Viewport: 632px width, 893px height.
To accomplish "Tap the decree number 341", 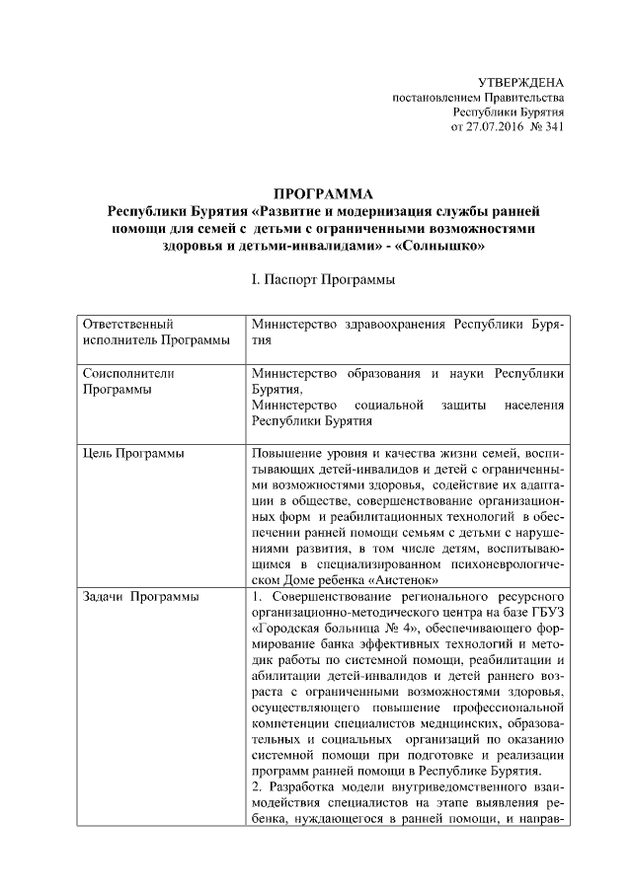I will (554, 128).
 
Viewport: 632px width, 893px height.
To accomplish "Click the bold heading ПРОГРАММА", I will (323, 193).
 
